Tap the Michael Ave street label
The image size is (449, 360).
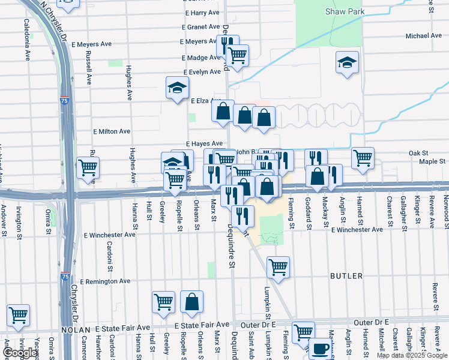tap(423, 36)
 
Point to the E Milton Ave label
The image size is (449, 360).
tap(111, 131)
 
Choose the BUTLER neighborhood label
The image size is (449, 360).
tap(346, 276)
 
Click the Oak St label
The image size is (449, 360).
tap(417, 153)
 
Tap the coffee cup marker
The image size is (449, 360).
tap(320, 348)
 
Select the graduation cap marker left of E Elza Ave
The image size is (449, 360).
tap(177, 88)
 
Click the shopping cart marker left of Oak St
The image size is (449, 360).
tap(363, 158)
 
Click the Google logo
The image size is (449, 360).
tap(19, 353)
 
